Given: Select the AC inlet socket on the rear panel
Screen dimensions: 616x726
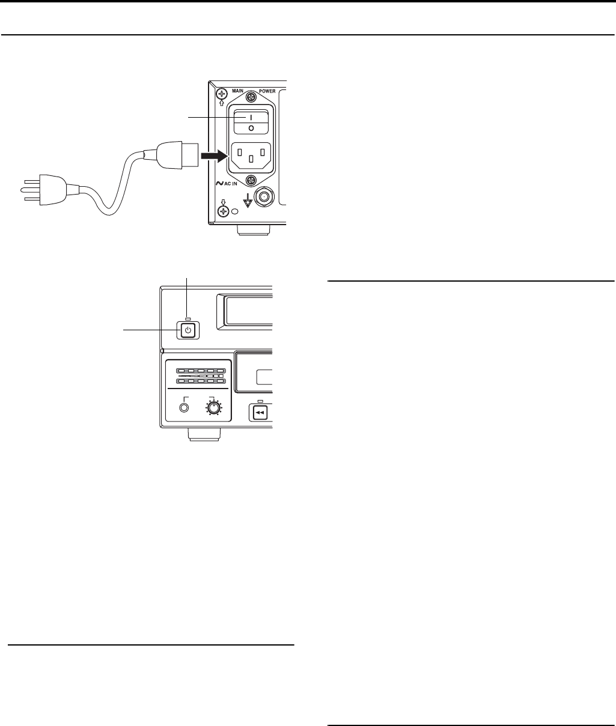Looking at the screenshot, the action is (251, 154).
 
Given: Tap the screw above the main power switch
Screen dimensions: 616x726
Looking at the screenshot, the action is (251, 96).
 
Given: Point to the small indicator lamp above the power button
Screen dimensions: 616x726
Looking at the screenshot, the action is (188, 318).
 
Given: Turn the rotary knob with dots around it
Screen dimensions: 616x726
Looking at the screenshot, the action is (213, 407).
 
